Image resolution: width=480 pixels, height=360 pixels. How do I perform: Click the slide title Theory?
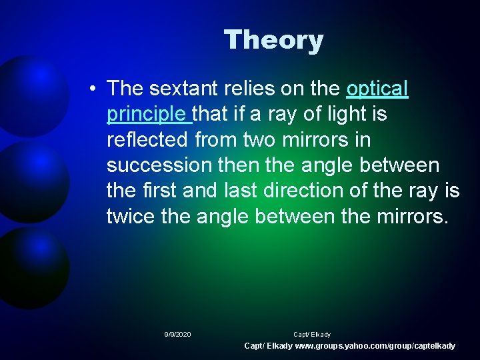point(273,40)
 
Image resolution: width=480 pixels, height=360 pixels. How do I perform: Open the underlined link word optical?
point(377,88)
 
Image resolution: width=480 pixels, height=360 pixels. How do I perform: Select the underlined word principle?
point(147,114)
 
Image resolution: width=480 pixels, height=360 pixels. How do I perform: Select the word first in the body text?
point(161,191)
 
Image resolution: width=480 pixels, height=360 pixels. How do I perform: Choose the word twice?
point(133,217)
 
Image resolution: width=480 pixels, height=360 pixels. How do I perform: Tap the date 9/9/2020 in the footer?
point(177,334)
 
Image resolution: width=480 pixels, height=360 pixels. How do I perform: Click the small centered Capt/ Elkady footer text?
point(311,334)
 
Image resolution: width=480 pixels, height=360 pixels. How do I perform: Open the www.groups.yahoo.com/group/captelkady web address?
point(375,346)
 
